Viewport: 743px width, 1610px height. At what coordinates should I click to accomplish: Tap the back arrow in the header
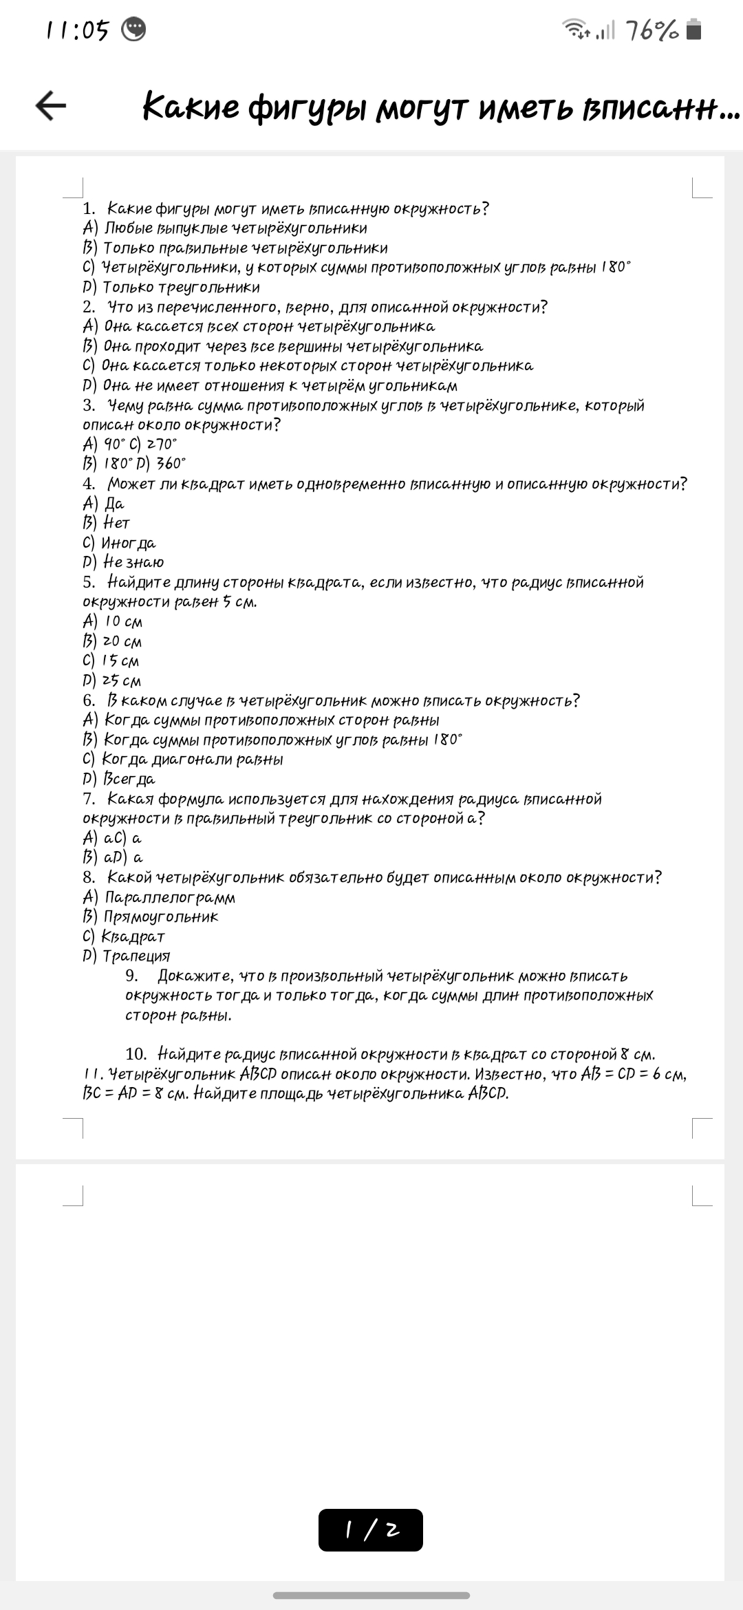pos(51,106)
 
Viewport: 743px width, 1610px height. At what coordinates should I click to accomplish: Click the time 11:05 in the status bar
pos(78,30)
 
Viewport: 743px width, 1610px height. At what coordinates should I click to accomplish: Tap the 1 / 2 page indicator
pos(371,1530)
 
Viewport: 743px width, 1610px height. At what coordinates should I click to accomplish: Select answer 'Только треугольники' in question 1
pos(181,287)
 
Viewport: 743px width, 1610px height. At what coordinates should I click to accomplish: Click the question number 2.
pos(89,307)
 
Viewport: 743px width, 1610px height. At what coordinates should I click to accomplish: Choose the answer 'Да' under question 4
pos(114,504)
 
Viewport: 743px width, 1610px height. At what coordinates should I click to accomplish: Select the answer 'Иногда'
pos(128,543)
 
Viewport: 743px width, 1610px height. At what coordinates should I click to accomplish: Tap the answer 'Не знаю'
pos(133,562)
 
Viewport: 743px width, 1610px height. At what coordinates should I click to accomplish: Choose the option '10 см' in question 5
pos(123,621)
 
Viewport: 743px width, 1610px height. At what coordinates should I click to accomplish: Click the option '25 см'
pos(122,680)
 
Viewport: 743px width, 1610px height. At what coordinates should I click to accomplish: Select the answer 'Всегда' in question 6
pos(129,779)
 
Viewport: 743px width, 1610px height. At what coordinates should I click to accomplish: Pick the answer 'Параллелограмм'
pos(169,897)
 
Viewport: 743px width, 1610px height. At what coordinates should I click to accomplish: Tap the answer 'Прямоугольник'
pos(160,916)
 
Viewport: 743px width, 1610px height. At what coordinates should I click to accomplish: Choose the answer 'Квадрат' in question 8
pos(133,936)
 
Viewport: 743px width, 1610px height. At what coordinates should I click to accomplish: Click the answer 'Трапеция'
pos(136,956)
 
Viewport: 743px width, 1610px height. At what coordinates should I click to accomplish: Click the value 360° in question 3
pos(171,464)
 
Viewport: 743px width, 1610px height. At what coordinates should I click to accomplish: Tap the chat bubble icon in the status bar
pos(133,30)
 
